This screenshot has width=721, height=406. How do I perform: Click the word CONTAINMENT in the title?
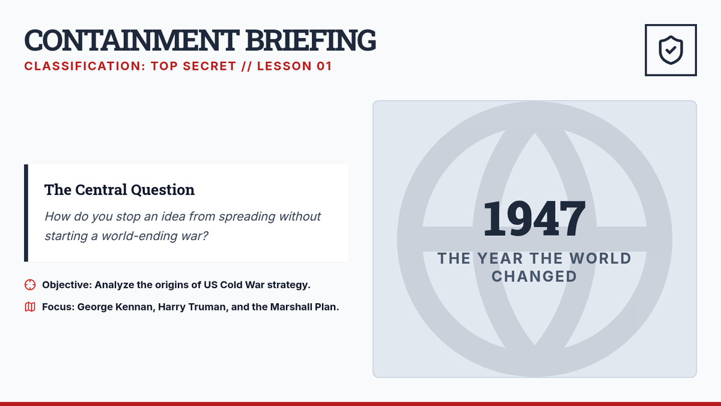[132, 40]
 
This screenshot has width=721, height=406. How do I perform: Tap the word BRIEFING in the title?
[311, 40]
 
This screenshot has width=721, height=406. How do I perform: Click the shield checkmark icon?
[671, 50]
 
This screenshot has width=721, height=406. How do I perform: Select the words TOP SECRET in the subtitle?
[193, 66]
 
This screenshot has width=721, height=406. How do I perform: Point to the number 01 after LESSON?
[324, 66]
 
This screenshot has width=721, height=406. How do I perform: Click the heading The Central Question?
[120, 189]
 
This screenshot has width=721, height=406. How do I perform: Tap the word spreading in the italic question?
[247, 217]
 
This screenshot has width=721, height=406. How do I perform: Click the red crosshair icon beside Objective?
[30, 285]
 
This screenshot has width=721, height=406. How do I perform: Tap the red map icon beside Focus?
[30, 307]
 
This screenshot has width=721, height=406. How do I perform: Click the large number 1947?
[534, 219]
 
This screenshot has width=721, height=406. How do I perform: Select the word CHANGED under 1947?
[534, 277]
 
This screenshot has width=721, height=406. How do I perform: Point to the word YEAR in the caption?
[500, 259]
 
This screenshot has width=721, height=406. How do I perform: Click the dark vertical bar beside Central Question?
[26, 213]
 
